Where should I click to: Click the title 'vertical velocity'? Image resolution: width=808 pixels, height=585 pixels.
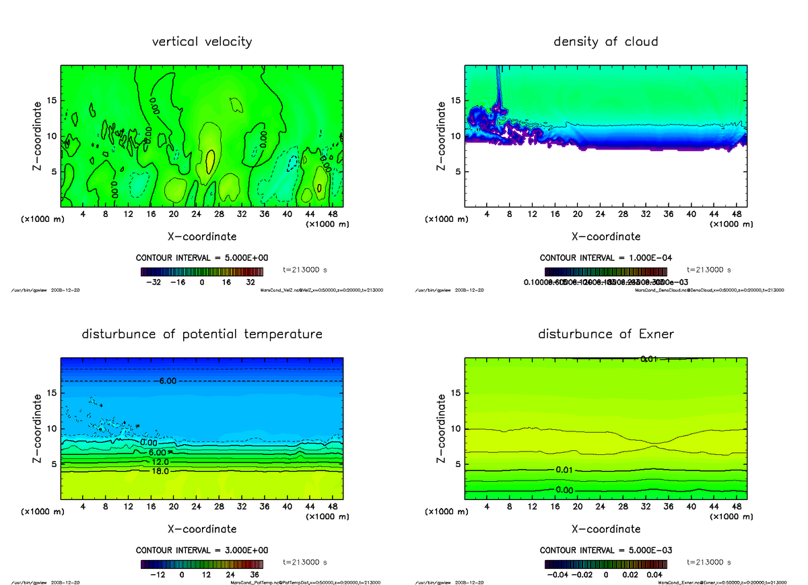pyautogui.click(x=202, y=42)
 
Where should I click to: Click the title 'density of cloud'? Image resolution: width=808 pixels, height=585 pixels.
pyautogui.click(x=605, y=42)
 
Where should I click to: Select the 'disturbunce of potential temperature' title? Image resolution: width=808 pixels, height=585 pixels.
pyautogui.click(x=202, y=334)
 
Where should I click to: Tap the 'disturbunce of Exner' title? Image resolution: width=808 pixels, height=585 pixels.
pyautogui.click(x=605, y=334)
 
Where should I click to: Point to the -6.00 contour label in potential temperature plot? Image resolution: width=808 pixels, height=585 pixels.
pyautogui.click(x=168, y=381)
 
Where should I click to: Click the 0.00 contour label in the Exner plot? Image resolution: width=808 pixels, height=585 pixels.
pyautogui.click(x=565, y=489)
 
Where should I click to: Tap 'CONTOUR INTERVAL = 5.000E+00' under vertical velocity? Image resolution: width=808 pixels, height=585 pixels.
pyautogui.click(x=202, y=258)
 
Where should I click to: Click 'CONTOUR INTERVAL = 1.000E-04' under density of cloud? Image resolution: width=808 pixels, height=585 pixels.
pyautogui.click(x=605, y=258)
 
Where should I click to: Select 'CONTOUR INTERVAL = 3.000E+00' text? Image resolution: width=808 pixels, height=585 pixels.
pyautogui.click(x=202, y=550)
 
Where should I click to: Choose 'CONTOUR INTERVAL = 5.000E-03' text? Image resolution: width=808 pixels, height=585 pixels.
pyautogui.click(x=605, y=550)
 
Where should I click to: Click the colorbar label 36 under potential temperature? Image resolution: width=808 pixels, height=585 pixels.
pyautogui.click(x=255, y=575)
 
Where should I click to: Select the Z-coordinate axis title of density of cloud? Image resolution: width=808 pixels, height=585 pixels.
pyautogui.click(x=442, y=135)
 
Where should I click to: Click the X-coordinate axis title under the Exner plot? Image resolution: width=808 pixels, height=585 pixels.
pyautogui.click(x=605, y=529)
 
